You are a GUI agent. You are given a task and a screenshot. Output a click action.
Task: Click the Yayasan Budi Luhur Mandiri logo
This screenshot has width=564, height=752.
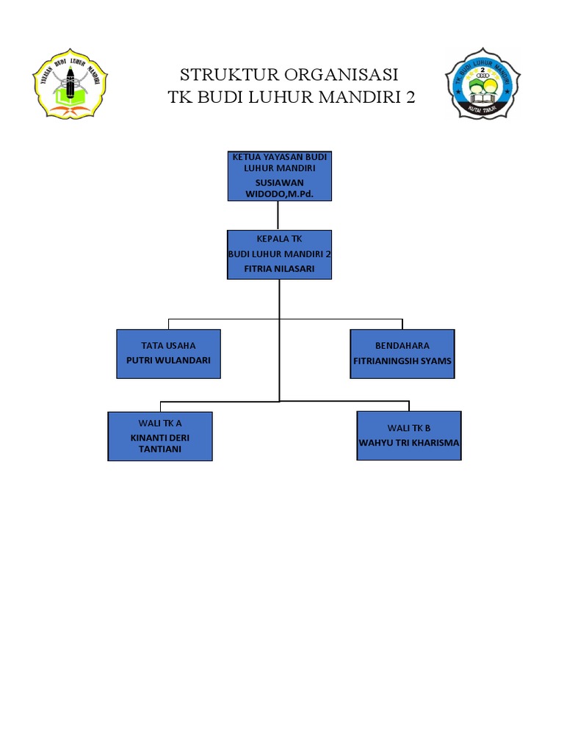pos(70,83)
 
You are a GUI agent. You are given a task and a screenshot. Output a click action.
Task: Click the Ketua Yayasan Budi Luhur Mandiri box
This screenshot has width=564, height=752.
pos(280,176)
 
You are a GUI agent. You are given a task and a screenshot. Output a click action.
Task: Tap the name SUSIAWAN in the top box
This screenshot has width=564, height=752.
pos(279,182)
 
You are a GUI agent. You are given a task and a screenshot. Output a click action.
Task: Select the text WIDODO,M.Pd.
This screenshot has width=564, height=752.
pos(279,194)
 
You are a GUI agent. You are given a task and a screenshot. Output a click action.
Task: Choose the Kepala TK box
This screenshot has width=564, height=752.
pos(280,254)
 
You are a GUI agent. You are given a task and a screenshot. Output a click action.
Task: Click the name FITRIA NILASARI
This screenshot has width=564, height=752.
pos(280,269)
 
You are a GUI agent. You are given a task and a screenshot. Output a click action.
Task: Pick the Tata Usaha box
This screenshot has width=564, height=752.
pos(168,353)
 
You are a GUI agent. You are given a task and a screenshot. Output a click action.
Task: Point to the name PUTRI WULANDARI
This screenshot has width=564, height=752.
pos(168,361)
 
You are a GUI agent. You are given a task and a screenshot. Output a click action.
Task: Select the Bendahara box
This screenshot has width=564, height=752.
pos(402,353)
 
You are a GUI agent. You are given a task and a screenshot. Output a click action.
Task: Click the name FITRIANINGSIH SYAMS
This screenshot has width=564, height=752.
pos(402,361)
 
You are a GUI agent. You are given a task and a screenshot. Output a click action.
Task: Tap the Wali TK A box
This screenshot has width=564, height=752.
pos(160,436)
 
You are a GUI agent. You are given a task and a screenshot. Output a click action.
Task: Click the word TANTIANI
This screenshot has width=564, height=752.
pos(160,449)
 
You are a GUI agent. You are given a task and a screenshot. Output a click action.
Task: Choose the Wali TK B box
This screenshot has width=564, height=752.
pos(409,435)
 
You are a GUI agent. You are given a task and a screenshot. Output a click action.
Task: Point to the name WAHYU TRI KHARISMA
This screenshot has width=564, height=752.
pos(409,443)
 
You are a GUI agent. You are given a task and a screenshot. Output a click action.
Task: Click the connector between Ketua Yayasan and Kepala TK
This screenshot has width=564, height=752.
pos(278,215)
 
